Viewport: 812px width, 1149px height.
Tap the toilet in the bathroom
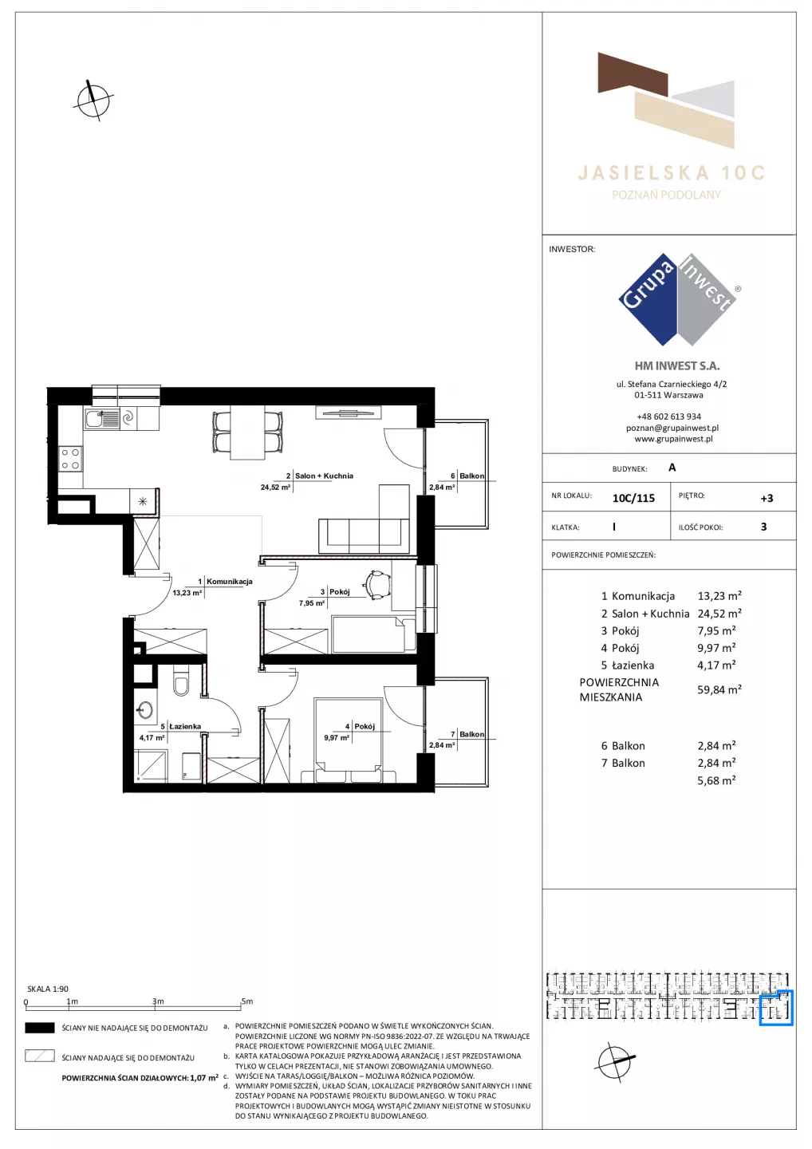181,681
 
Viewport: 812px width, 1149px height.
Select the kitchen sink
102,419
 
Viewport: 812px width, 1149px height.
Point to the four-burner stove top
70,459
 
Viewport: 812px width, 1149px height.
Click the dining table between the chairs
247,432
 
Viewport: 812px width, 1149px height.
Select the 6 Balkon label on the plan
467,476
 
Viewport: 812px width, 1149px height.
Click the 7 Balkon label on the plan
467,734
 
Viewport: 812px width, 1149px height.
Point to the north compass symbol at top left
93,100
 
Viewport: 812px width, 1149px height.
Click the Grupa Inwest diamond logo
677,299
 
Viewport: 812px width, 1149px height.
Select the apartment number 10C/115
633,498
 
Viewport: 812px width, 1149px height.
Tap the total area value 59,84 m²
719,689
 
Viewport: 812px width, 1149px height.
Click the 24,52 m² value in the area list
719,614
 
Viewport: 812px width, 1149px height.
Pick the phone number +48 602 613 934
669,417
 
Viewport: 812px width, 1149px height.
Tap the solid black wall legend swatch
39,1028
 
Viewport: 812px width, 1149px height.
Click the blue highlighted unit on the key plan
776,1009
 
